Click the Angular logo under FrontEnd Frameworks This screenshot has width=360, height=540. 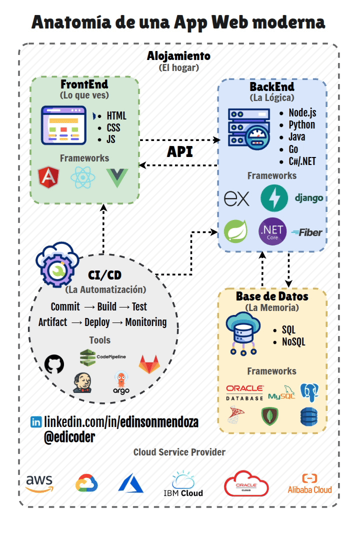(48, 177)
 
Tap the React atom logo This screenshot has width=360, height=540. (82, 177)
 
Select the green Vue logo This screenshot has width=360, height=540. (117, 178)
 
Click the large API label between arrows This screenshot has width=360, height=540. (179, 152)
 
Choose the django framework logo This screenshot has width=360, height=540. (308, 198)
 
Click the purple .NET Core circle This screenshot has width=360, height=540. (272, 231)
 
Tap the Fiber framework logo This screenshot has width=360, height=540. (307, 232)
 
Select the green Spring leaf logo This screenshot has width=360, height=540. (236, 232)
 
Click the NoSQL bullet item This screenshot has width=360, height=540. (293, 342)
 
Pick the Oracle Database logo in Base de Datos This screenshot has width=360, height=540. (244, 392)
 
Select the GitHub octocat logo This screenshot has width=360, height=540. (54, 364)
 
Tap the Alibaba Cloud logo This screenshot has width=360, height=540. (309, 483)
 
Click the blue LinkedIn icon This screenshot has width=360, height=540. (36, 422)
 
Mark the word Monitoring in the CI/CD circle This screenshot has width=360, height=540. (145, 322)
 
